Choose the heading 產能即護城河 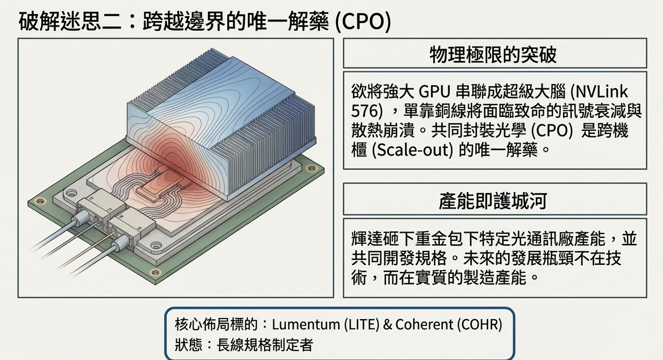click(494, 200)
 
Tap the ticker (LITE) click(361, 325)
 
